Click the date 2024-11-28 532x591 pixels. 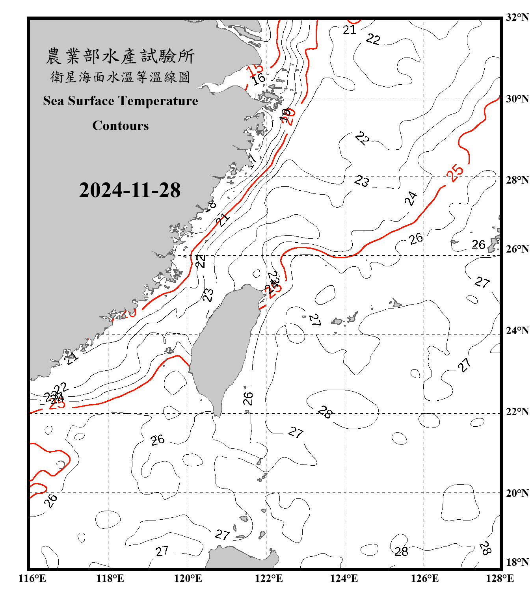130,190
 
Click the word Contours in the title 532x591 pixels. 121,126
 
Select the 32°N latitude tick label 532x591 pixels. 517,17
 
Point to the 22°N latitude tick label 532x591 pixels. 517,412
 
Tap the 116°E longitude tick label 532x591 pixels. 32,578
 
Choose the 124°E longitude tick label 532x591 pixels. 344,578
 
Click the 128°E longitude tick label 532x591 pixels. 500,578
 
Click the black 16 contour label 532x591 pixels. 259,79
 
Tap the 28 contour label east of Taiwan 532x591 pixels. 325,412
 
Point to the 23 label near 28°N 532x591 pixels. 361,181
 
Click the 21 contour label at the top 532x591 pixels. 349,30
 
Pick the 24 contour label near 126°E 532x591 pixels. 411,199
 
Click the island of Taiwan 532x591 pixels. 223,347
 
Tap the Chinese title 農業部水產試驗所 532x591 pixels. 120,56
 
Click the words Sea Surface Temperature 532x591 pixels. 121,101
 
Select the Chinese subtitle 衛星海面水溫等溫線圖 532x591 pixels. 120,77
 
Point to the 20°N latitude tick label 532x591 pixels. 517,493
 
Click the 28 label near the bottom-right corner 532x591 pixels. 485,548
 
